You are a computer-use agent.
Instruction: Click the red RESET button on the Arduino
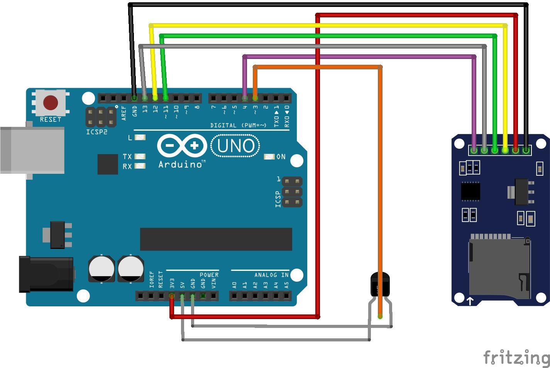(x=51, y=103)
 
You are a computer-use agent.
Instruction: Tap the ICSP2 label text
(x=97, y=132)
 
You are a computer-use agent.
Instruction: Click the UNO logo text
(x=236, y=146)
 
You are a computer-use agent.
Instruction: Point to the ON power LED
(x=269, y=156)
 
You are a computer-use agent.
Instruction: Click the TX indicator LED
(x=140, y=156)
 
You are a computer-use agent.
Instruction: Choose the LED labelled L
(x=140, y=137)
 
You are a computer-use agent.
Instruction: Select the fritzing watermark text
(x=516, y=357)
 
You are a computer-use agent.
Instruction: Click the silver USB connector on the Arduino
(x=32, y=150)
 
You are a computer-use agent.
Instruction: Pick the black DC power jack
(x=46, y=274)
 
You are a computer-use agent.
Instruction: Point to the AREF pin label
(x=124, y=113)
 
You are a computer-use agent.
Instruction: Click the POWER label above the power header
(x=209, y=275)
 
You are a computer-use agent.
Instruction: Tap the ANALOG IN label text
(x=271, y=275)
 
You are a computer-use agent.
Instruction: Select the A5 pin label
(x=286, y=286)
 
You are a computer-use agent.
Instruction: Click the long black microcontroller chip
(x=216, y=239)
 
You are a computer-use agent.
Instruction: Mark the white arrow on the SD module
(x=470, y=301)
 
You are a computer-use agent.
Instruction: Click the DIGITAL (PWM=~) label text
(x=238, y=125)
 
